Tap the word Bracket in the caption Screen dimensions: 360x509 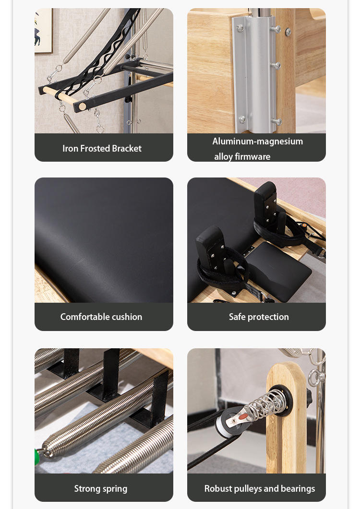tap(127, 148)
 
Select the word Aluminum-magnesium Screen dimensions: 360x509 tap(258, 141)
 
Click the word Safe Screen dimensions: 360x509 tap(237, 317)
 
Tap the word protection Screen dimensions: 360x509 tap(268, 317)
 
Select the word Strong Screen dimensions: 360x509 tap(85, 488)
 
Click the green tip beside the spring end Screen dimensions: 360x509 tap(37, 457)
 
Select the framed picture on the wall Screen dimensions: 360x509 tap(43, 31)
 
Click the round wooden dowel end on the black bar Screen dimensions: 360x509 tap(83, 106)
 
